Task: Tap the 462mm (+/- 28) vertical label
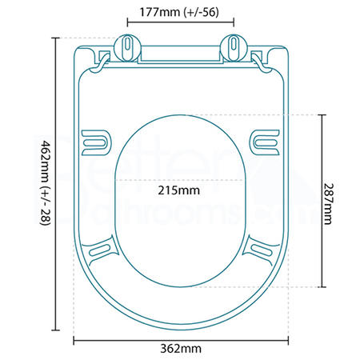[x=46, y=183]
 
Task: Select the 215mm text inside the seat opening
[x=179, y=190]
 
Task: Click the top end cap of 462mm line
[x=55, y=37]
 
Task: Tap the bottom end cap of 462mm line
[x=55, y=330]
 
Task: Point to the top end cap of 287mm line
[x=322, y=114]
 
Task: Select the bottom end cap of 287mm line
[x=322, y=287]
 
